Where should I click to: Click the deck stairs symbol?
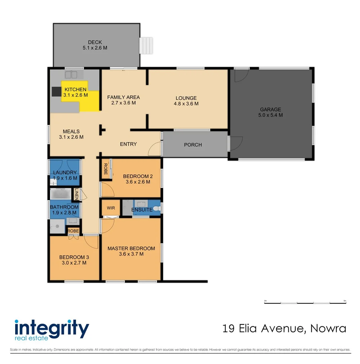click(146, 45)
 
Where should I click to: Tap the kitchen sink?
click(71, 74)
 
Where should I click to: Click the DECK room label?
click(95, 42)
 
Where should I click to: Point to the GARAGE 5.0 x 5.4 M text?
click(270, 112)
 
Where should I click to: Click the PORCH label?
click(193, 145)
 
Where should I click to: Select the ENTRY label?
click(128, 144)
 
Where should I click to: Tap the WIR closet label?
click(111, 208)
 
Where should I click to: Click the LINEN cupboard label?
click(77, 194)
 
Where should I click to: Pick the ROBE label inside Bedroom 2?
click(105, 169)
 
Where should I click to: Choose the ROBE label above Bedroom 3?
click(73, 231)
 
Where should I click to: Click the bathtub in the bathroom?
click(61, 194)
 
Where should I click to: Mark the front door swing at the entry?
click(154, 149)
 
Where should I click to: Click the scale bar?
click(305, 303)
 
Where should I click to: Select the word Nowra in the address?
click(328, 328)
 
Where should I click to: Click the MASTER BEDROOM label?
click(131, 248)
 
